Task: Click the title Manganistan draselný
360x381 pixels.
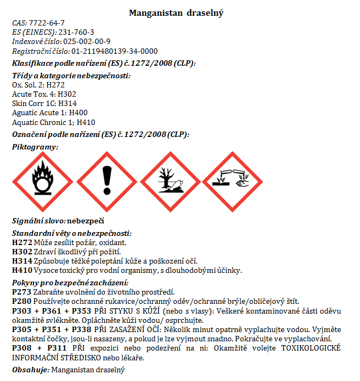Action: point(176,13)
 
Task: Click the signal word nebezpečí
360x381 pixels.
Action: point(85,221)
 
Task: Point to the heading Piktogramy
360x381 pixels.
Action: point(35,147)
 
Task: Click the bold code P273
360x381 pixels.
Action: point(21,292)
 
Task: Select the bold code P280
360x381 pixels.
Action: point(21,301)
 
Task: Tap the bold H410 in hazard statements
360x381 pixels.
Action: point(21,270)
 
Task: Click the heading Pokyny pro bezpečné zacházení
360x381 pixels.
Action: point(70,283)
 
